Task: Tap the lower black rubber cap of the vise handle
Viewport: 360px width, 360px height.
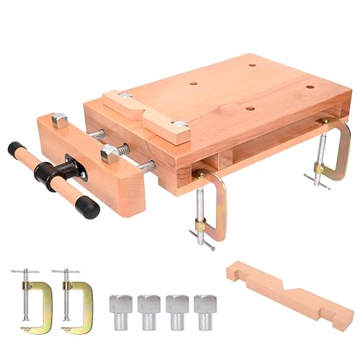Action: (x=86, y=207)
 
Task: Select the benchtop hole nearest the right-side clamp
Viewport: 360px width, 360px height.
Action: (x=309, y=87)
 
